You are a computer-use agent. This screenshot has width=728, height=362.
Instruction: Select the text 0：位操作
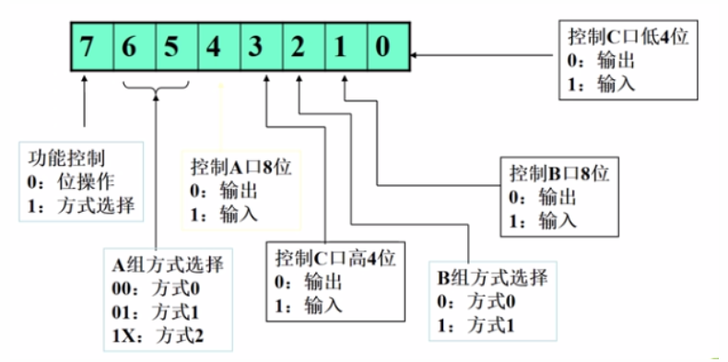pyautogui.click(x=72, y=181)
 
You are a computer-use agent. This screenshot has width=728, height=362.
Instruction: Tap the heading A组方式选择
pyautogui.click(x=166, y=266)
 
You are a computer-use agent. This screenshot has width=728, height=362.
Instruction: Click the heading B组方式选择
pyautogui.click(x=493, y=279)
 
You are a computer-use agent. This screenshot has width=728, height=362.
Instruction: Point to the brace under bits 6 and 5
pyautogui.click(x=156, y=85)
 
